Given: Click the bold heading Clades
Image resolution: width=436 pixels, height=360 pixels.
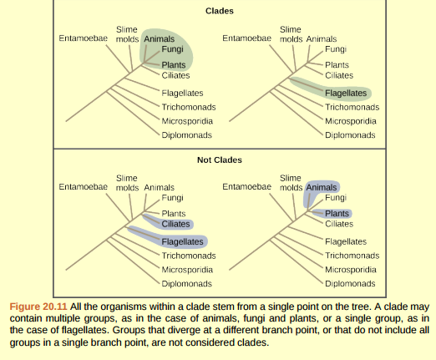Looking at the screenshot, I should point(219,12).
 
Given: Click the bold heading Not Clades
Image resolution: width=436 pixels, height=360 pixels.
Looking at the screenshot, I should point(218,159).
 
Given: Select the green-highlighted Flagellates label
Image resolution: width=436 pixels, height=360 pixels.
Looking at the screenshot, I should point(345,93).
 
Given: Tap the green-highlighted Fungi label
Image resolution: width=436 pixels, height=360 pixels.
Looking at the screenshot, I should point(173,49).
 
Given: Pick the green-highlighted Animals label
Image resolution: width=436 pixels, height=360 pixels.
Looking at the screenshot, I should point(160,38).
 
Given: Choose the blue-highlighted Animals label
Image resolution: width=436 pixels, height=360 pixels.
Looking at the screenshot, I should point(322,187).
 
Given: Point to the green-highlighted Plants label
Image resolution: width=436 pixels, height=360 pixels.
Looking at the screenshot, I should point(174,64).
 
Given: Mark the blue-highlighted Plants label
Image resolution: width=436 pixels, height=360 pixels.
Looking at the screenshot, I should point(337,213).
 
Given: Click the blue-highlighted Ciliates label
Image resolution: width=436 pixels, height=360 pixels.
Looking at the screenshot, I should point(175,224).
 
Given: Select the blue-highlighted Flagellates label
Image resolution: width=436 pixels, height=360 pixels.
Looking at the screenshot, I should point(182,241).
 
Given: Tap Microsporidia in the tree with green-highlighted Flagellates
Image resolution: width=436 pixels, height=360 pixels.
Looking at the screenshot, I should point(349,121).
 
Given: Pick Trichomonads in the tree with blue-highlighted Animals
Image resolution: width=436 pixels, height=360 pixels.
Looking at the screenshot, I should point(352,256).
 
